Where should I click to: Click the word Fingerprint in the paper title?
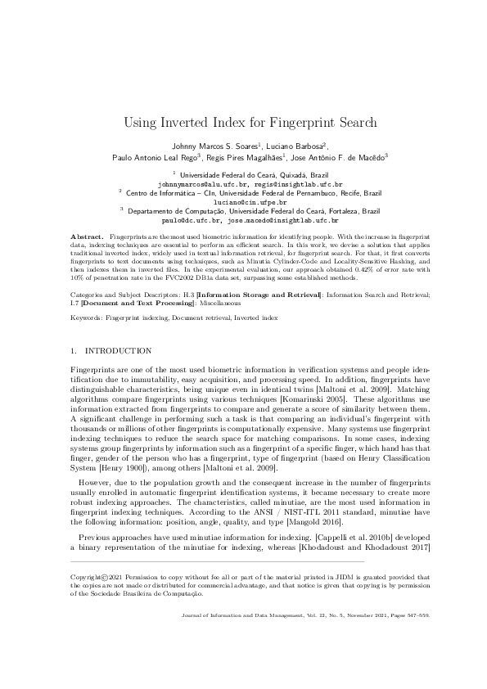coord(300,124)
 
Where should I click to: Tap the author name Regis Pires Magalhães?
coord(248,157)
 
